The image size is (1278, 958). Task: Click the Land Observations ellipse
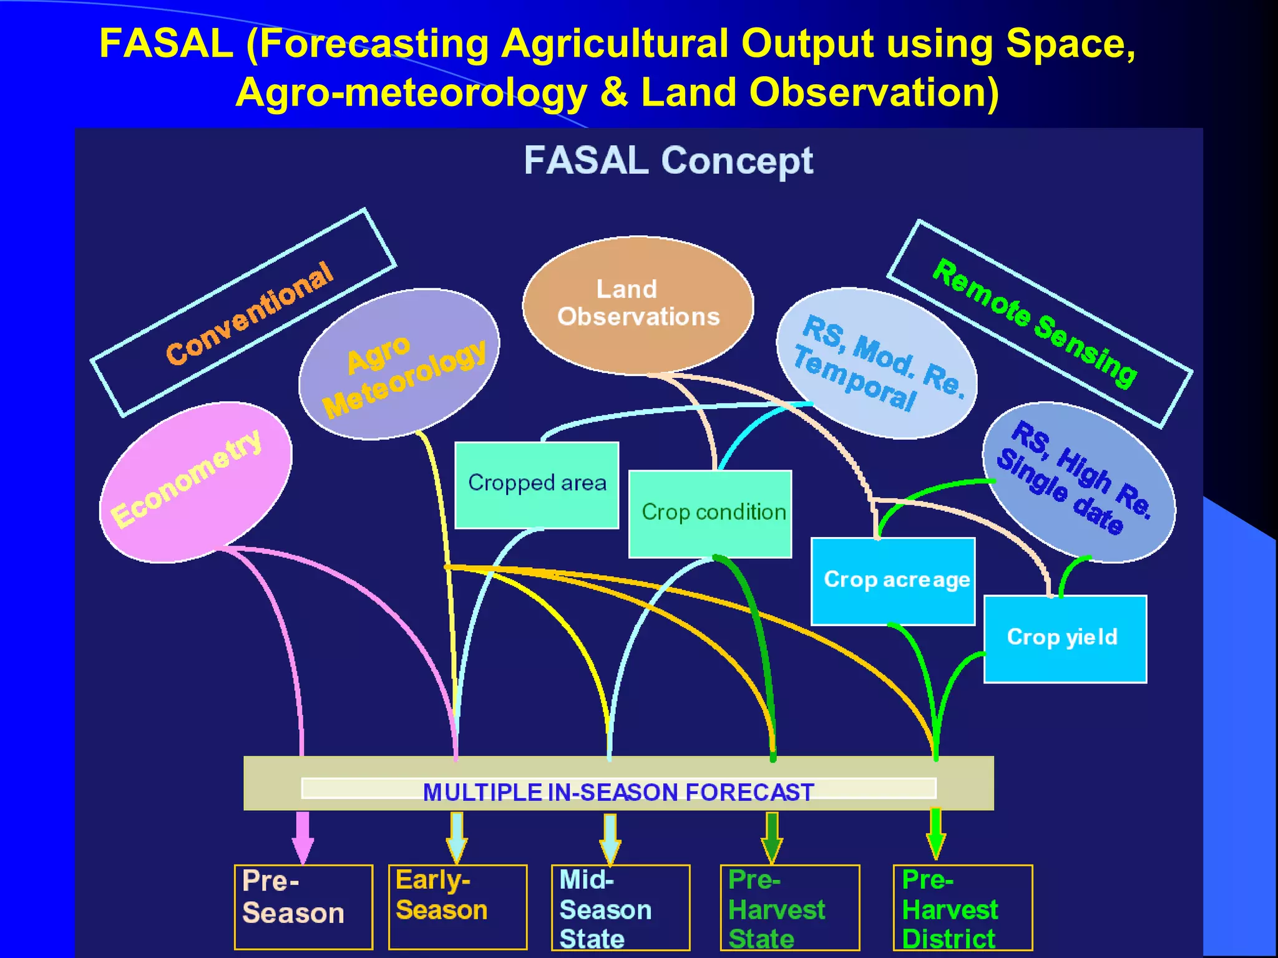(x=638, y=304)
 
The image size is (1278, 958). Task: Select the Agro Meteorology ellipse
(x=399, y=364)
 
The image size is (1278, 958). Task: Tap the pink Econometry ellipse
(x=195, y=481)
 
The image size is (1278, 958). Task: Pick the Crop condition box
(x=710, y=513)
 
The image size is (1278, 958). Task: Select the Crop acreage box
(x=893, y=581)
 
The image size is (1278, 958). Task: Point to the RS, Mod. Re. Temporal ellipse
(x=876, y=363)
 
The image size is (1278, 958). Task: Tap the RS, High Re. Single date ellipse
(x=1079, y=481)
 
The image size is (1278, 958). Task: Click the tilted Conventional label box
(x=243, y=312)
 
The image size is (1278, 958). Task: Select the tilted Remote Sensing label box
(x=1040, y=324)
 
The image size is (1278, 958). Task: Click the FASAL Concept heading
(x=668, y=161)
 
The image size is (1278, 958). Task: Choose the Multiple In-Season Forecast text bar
(x=618, y=791)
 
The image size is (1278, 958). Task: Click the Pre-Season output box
(x=303, y=906)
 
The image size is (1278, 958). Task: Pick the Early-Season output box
(x=457, y=906)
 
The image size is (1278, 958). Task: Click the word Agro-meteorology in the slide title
(x=411, y=92)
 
